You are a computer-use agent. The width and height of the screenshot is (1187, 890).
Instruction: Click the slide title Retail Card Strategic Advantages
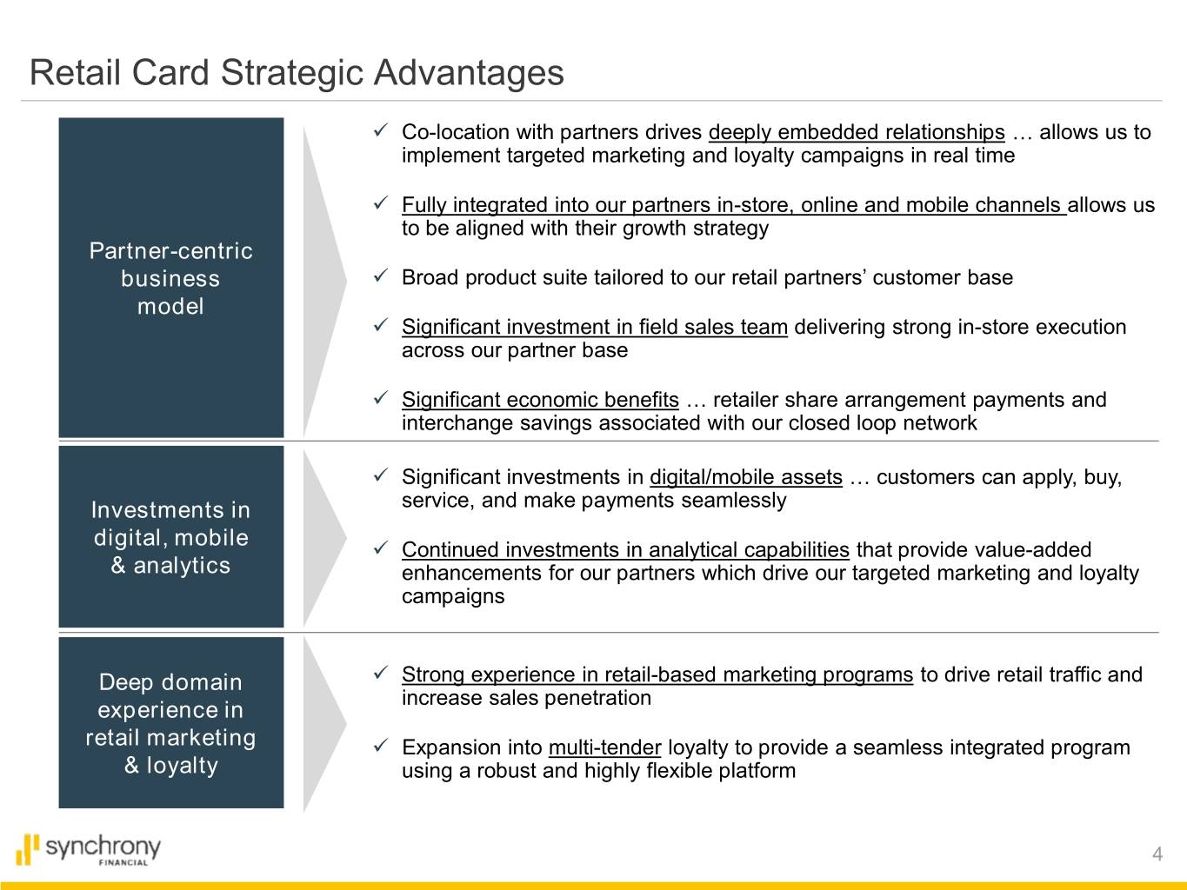(297, 73)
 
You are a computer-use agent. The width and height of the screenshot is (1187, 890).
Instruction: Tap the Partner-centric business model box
(171, 277)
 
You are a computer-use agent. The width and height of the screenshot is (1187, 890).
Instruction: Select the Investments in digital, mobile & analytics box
(171, 536)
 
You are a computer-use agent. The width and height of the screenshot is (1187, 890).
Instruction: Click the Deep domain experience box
(171, 722)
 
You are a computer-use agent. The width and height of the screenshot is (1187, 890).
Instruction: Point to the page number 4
(1157, 853)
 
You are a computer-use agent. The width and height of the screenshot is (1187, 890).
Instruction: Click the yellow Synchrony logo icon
(28, 849)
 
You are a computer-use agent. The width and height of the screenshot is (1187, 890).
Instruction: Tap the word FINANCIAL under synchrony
(123, 862)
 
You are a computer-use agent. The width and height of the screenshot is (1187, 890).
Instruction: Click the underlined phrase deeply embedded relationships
(857, 132)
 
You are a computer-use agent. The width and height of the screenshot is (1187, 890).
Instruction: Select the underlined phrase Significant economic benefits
(540, 400)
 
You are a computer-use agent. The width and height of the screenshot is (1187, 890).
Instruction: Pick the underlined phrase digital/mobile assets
(746, 477)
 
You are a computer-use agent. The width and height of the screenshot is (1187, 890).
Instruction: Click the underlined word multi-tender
(604, 747)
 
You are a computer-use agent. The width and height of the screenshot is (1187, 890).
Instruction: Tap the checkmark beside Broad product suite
(381, 276)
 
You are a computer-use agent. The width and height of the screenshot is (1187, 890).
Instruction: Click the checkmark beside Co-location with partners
(381, 130)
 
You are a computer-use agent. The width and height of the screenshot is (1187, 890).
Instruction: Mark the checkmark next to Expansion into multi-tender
(381, 746)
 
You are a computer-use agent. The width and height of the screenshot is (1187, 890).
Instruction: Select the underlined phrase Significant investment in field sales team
(594, 327)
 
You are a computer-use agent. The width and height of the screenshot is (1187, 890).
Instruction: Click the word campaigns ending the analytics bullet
(453, 596)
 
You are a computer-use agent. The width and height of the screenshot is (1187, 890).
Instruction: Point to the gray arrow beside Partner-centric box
(324, 281)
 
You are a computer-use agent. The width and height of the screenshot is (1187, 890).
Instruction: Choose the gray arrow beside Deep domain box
(324, 724)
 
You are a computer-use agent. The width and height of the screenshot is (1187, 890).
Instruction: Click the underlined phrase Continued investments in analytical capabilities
(625, 550)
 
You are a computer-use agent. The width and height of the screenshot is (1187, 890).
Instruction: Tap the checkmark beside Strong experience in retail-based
(381, 673)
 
